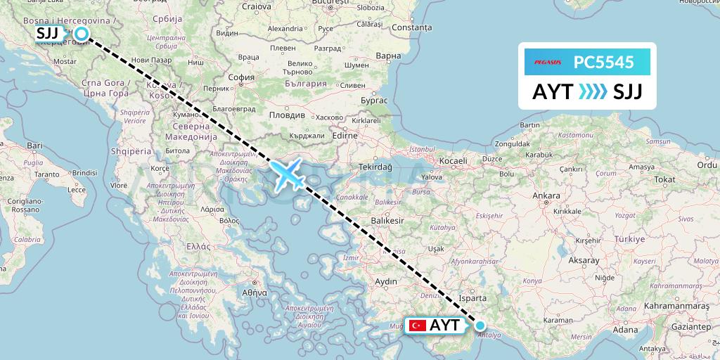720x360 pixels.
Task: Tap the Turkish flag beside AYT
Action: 418,326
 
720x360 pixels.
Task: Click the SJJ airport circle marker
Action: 81,33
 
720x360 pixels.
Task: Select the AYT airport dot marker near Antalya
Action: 480,326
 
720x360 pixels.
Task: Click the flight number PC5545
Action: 604,63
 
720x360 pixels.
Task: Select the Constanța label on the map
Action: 412,27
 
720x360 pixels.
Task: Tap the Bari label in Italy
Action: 35,145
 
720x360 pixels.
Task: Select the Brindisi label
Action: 84,172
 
